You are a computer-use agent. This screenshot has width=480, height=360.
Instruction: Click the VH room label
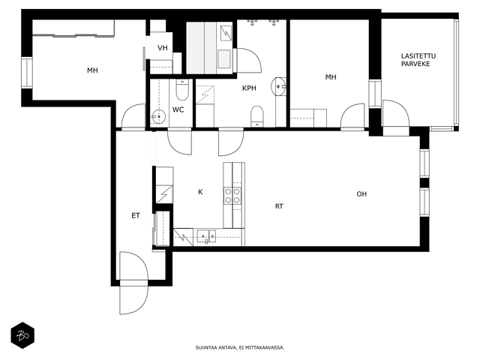click(163, 48)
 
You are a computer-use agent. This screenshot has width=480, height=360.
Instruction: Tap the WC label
click(178, 109)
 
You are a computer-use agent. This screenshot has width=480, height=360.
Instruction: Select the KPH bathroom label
click(249, 88)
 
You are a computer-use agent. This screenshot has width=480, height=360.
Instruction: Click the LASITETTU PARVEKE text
click(418, 60)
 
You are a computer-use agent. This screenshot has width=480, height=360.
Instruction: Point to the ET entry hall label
click(136, 216)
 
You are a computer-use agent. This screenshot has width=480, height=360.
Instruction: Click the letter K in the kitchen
click(200, 192)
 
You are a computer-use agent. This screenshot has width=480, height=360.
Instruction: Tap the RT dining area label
click(279, 206)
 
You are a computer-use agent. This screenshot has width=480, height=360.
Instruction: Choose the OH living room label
click(361, 194)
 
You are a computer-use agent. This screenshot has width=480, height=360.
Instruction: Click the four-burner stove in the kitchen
click(232, 196)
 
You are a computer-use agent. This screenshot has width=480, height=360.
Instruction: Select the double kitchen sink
click(207, 237)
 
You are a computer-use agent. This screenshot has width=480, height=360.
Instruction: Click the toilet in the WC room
click(182, 89)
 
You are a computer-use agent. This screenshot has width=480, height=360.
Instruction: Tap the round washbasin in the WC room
click(158, 117)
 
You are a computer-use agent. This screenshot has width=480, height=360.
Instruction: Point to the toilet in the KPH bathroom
click(256, 116)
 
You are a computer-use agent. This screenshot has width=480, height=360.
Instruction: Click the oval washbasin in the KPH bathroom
click(278, 87)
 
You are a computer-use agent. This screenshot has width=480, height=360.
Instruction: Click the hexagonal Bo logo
click(22, 335)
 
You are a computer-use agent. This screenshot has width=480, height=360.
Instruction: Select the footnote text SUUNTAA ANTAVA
click(216, 348)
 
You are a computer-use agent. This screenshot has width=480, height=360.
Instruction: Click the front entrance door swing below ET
click(133, 283)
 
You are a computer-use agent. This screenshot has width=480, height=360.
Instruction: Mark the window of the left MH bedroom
click(27, 73)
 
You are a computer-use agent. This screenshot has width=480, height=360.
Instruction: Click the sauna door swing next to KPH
click(248, 60)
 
